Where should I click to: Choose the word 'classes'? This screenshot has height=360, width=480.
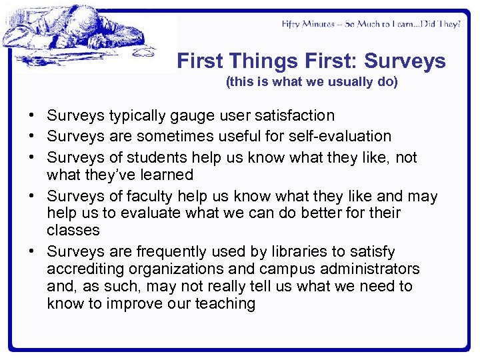coord(73,231)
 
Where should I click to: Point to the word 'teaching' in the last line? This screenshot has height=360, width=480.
coord(225,304)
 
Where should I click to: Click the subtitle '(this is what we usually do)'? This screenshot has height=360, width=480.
coord(311,82)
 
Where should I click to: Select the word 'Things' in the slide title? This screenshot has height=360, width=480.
coord(262,61)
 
